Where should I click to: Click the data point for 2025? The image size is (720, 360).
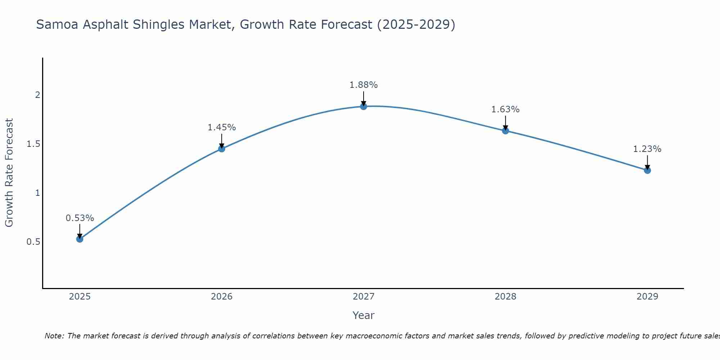point(80,239)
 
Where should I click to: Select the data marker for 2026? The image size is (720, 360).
point(222,149)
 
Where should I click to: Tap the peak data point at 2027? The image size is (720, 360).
point(364,107)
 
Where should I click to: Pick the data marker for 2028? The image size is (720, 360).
point(505,131)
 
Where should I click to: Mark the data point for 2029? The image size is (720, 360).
point(647,170)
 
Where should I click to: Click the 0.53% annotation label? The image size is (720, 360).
point(80,218)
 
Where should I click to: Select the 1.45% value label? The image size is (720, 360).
point(222,127)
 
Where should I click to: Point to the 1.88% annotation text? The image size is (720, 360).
point(364,85)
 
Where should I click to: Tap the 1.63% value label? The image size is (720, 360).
point(505,109)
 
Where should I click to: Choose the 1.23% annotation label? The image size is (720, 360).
point(647,149)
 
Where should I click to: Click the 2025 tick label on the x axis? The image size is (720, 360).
point(80,297)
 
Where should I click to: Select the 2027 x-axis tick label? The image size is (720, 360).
point(364,297)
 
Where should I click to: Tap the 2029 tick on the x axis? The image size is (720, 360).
point(647,297)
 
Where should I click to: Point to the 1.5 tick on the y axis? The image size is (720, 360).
point(33,144)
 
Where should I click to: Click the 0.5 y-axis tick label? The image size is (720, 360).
point(33,242)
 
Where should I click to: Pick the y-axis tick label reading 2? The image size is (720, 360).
point(37,95)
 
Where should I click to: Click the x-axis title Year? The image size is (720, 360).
point(364,315)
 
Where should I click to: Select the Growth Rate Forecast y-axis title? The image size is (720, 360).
point(9,173)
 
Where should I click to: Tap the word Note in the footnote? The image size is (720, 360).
point(54,336)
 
